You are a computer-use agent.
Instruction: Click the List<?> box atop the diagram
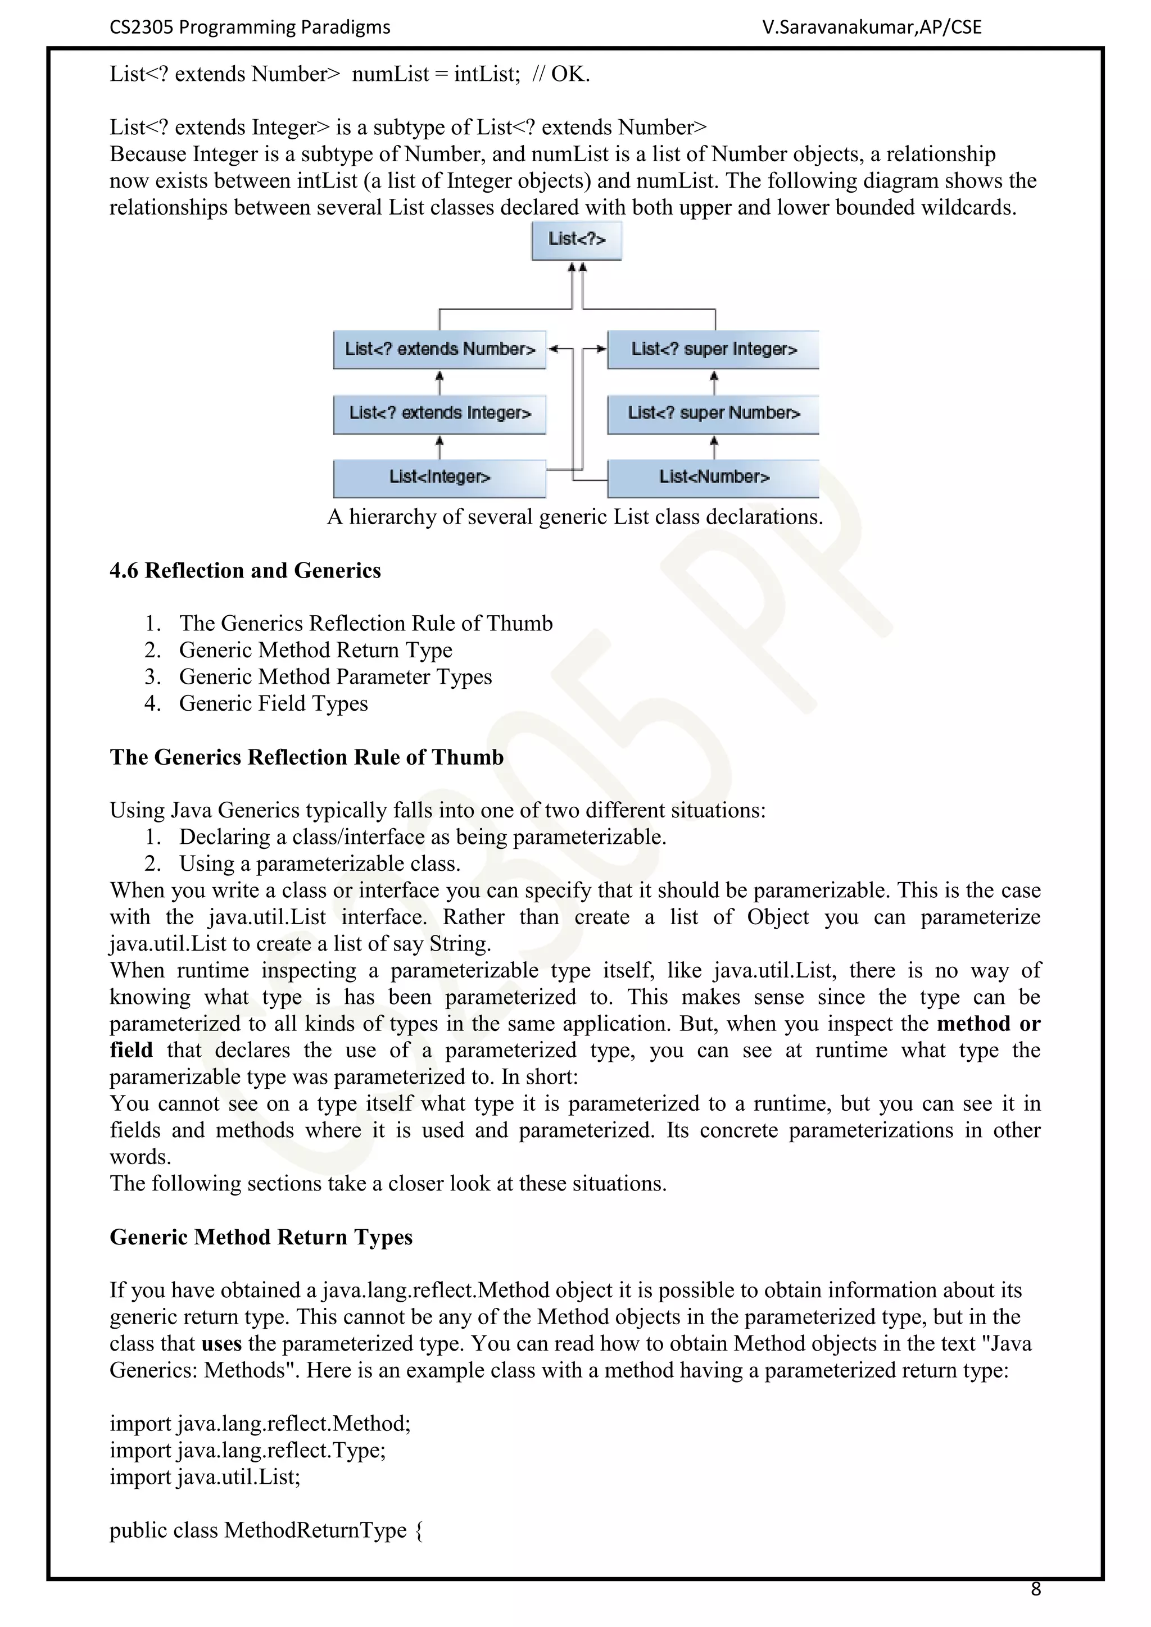(576, 240)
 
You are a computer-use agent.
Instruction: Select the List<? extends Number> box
(439, 349)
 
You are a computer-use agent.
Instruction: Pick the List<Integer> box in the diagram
(439, 478)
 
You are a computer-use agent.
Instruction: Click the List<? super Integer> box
(713, 349)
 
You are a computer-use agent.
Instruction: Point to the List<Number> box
(713, 478)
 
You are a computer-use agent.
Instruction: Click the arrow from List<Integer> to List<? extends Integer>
(439, 447)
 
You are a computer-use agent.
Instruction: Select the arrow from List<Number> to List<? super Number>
(714, 447)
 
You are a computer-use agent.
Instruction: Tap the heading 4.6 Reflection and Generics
(245, 570)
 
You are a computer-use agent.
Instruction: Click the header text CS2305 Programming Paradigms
(250, 27)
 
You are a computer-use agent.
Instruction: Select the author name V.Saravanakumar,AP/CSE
(872, 27)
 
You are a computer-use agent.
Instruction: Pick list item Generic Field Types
(273, 703)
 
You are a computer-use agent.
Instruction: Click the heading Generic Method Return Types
(261, 1237)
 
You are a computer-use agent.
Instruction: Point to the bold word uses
(221, 1343)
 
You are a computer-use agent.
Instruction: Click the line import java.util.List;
(205, 1477)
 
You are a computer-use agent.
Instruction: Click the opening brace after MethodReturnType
(418, 1530)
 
